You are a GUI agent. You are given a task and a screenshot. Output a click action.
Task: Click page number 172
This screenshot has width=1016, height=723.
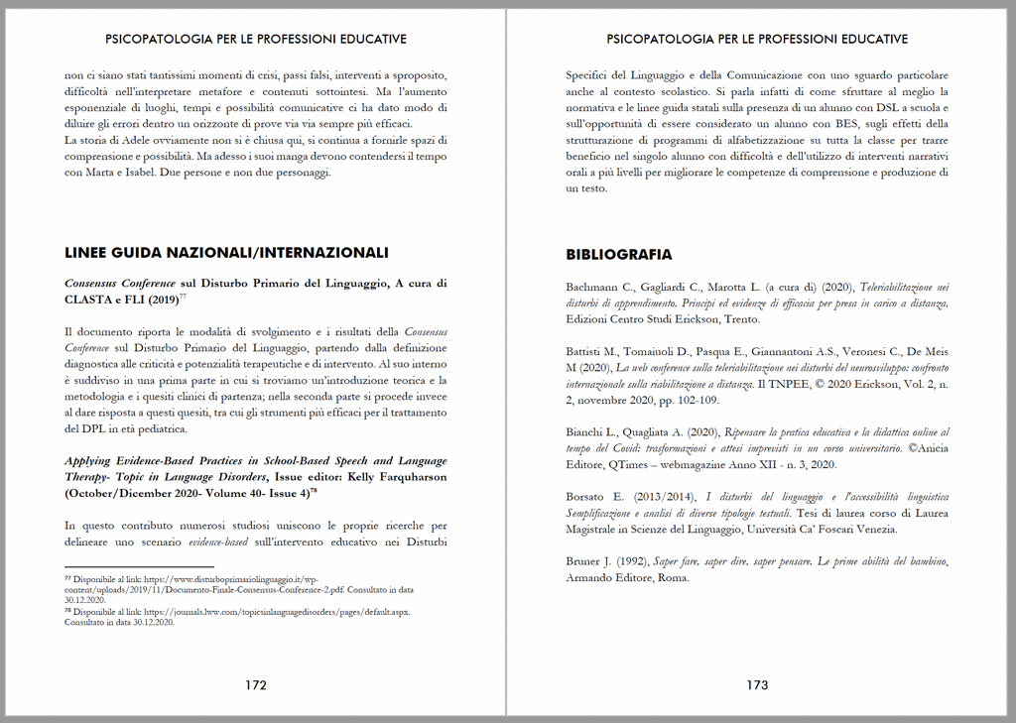[256, 684]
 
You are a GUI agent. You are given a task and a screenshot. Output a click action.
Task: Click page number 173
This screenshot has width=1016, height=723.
[757, 684]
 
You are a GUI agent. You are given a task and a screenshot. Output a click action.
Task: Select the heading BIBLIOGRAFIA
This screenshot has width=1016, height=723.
[618, 254]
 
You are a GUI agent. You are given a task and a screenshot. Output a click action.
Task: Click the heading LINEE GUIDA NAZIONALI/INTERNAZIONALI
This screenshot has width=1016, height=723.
[226, 252]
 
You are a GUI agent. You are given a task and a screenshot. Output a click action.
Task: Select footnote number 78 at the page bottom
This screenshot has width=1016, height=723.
[68, 612]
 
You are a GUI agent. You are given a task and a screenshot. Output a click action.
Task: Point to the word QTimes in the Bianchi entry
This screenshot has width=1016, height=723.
[629, 464]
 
